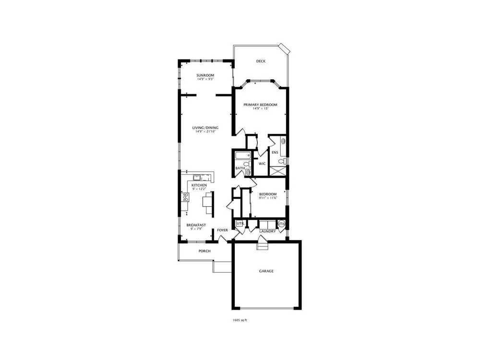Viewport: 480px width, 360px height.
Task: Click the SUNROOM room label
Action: pyautogui.click(x=205, y=75)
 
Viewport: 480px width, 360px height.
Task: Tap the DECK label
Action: pyautogui.click(x=261, y=61)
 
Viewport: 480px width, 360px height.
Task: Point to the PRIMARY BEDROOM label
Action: pyautogui.click(x=260, y=105)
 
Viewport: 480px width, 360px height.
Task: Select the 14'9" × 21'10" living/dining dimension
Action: pyautogui.click(x=206, y=132)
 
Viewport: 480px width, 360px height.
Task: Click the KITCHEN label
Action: pyautogui.click(x=199, y=185)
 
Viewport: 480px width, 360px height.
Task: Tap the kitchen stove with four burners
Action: pyautogui.click(x=185, y=197)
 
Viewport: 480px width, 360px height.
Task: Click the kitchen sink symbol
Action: pyautogui.click(x=197, y=178)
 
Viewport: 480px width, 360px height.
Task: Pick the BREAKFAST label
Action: pyautogui.click(x=196, y=225)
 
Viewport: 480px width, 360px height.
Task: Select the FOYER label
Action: pyautogui.click(x=223, y=230)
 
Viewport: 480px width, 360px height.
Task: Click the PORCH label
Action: pyautogui.click(x=204, y=251)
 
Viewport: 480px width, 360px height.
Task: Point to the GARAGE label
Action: pyautogui.click(x=266, y=271)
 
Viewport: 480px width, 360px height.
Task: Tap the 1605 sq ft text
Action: pyautogui.click(x=240, y=320)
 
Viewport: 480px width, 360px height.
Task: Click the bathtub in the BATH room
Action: pyautogui.click(x=243, y=155)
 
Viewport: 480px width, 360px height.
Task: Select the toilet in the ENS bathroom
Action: pyautogui.click(x=283, y=161)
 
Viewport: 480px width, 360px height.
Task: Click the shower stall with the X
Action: pyautogui.click(x=278, y=171)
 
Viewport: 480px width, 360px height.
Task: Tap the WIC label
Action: pyautogui.click(x=262, y=164)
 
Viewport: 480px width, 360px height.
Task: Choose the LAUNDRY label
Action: pyautogui.click(x=267, y=231)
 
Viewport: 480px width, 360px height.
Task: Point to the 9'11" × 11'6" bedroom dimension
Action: pyautogui.click(x=268, y=198)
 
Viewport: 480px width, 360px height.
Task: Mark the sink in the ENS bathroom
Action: pyautogui.click(x=284, y=142)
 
